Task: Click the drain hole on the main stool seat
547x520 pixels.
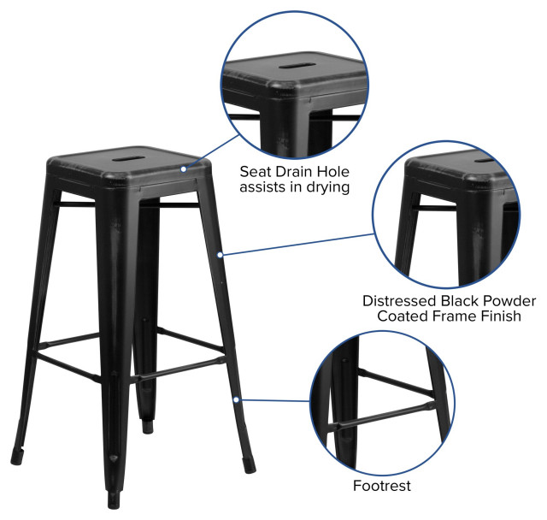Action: click(126, 157)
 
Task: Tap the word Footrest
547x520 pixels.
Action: click(382, 486)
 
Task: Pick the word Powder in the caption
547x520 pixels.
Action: click(512, 301)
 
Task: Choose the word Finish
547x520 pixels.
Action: click(499, 317)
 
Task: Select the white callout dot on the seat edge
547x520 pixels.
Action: click(183, 169)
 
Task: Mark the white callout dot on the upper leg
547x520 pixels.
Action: click(221, 254)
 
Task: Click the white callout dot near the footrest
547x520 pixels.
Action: click(233, 399)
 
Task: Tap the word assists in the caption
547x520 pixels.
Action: click(267, 187)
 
